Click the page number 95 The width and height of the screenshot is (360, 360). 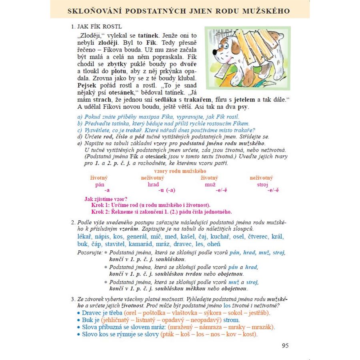click(285, 346)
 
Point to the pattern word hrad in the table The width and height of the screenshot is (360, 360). click(153, 184)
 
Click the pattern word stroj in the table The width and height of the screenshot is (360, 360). click(262, 184)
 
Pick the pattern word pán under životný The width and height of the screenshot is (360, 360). click(100, 184)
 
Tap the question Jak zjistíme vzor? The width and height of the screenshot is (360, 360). click(106, 199)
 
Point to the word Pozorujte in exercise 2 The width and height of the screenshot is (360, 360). click(90, 253)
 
